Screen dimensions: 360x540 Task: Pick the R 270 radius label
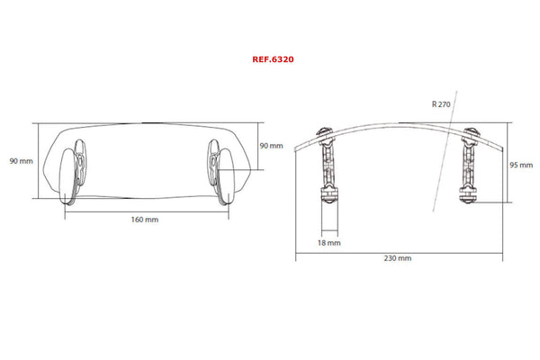[442, 104]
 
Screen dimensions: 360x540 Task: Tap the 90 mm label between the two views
[270, 145]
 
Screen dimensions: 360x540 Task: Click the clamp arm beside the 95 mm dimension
[468, 166]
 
